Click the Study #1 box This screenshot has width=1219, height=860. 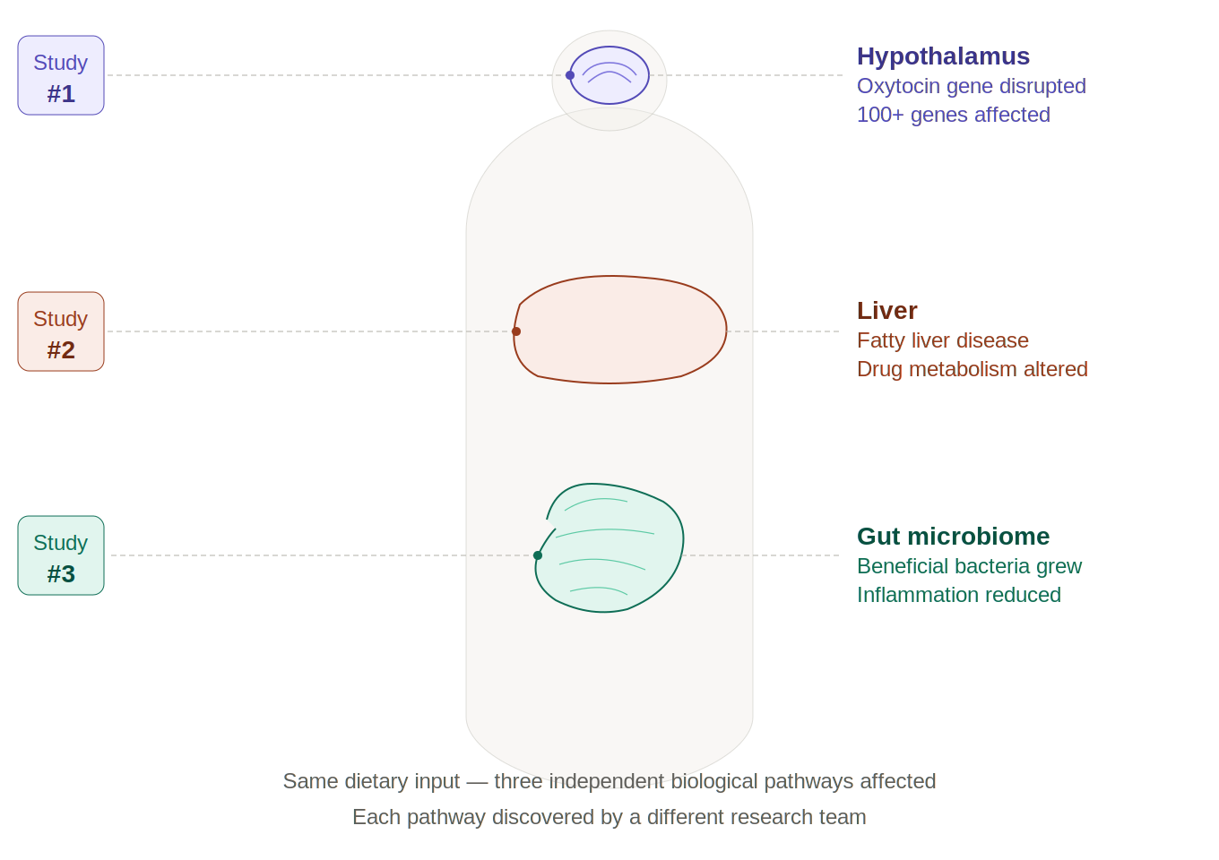click(x=61, y=76)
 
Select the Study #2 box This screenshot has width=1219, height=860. click(x=61, y=332)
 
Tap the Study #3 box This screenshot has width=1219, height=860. click(x=61, y=556)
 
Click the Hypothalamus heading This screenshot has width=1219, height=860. click(x=943, y=56)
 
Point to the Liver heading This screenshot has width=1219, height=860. click(x=887, y=311)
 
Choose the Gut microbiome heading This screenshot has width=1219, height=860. click(x=953, y=537)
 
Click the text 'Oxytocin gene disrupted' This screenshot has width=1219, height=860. click(x=972, y=86)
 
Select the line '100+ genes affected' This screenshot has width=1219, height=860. click(x=954, y=115)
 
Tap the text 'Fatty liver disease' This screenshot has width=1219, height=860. click(x=943, y=340)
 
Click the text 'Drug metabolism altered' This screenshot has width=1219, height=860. click(x=973, y=369)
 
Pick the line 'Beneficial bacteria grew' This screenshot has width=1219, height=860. click(x=969, y=566)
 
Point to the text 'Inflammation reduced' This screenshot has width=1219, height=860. click(x=959, y=595)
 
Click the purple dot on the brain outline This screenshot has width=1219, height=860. click(x=570, y=75)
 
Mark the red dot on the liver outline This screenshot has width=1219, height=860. click(x=516, y=331)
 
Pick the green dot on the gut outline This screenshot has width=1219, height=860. click(x=538, y=555)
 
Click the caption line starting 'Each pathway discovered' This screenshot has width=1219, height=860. click(x=609, y=817)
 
